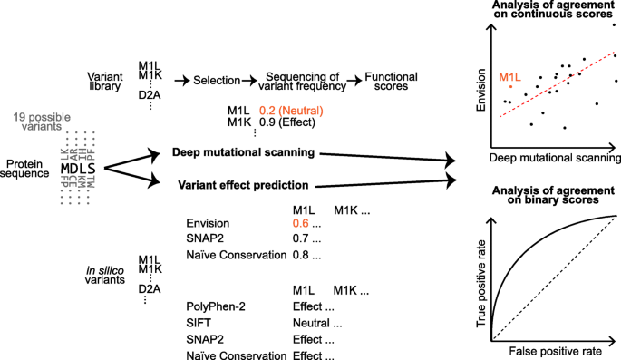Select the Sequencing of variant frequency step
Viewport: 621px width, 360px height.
(300, 81)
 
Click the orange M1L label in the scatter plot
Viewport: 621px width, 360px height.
(510, 78)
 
